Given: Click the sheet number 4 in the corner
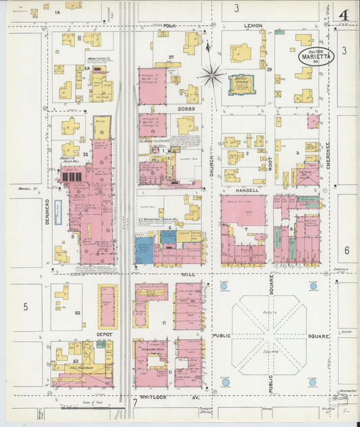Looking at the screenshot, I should (343, 14).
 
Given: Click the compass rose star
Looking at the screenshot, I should (212, 74).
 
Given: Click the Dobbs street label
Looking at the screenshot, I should (187, 108).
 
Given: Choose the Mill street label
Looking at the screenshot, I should (187, 275).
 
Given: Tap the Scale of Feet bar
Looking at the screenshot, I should (84, 407).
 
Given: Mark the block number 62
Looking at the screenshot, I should (78, 312).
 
